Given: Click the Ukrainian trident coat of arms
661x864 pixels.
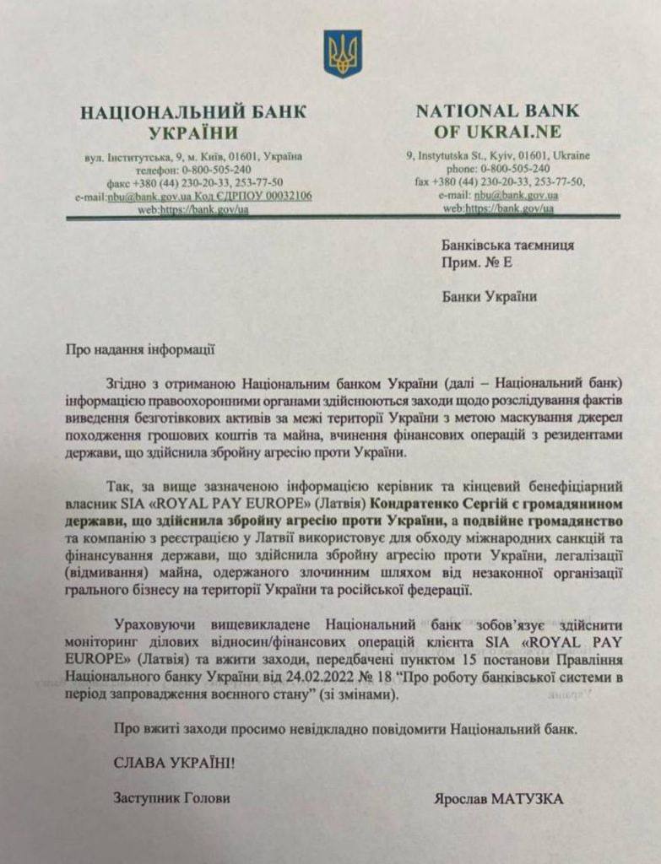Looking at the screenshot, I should (x=342, y=54).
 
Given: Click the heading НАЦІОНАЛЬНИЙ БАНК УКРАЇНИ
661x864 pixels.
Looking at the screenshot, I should (x=193, y=121).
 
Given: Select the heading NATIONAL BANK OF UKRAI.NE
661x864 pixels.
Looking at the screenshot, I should (x=497, y=121).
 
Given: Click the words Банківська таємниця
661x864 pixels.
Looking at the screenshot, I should (x=507, y=245).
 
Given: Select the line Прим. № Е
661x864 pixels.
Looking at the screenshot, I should (x=476, y=262).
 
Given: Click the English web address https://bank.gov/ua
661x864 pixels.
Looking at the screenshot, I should (x=510, y=208).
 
